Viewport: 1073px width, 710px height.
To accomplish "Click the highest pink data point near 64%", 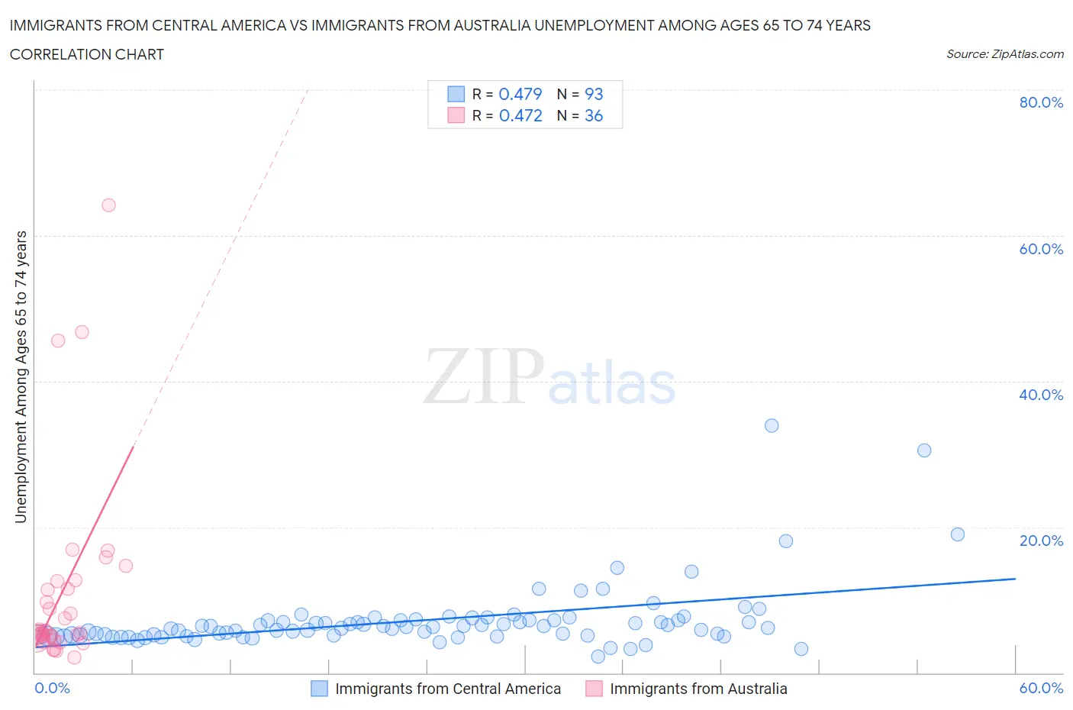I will point(108,205).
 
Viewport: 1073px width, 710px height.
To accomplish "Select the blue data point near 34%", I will point(772,425).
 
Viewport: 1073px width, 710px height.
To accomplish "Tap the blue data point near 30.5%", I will point(924,450).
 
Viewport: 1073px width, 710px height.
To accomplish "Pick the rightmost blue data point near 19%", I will point(958,534).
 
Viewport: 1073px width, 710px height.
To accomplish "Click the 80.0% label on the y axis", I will point(1041,102).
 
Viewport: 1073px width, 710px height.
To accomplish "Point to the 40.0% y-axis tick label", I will point(1041,395).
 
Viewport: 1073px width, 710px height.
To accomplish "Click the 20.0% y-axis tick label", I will point(1041,541).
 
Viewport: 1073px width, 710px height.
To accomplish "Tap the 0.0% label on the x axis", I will point(52,688).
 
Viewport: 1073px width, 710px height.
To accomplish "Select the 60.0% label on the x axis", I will point(1041,688).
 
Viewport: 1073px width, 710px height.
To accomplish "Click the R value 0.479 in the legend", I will point(520,94).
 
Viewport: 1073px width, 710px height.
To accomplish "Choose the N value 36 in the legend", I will point(594,115).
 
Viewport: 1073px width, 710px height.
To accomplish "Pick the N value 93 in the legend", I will point(594,94).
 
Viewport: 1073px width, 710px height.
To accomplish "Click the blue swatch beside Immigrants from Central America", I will point(319,689).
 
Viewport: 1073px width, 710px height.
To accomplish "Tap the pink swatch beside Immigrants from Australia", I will point(594,689).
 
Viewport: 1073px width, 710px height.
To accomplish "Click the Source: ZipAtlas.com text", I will point(1004,53).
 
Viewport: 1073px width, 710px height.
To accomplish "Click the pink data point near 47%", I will point(82,332).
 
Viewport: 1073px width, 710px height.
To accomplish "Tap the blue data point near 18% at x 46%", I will point(786,541).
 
